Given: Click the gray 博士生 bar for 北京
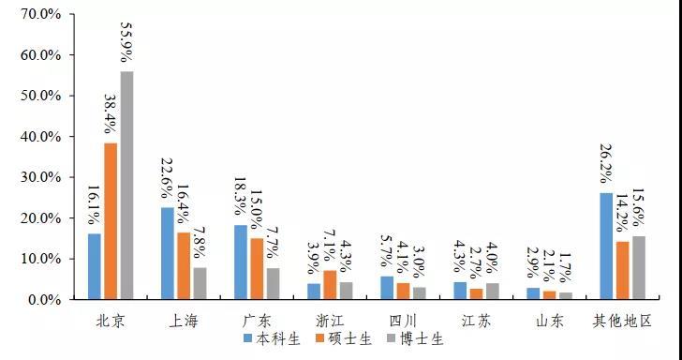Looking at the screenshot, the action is pos(127,186).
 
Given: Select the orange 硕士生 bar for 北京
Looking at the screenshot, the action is pos(111,221).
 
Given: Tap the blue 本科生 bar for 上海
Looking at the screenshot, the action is pos(168,253).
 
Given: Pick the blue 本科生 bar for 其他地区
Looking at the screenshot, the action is pos(606,246).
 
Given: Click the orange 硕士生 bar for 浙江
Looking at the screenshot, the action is pos(330,285).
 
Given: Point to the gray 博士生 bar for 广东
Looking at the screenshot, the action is pos(274,284).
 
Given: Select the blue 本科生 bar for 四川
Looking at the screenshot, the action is pos(387,288).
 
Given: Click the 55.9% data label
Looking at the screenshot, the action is pos(127,42).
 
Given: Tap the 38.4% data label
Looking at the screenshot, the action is pos(111,114).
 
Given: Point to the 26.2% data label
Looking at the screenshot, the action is pos(607,165).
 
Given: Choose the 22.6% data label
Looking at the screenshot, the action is pos(168,179).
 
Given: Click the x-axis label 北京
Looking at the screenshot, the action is pos(111,322).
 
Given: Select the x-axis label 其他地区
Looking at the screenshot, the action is pos(622,322).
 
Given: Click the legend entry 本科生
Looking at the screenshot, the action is pos(272,338).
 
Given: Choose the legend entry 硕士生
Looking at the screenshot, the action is pos(344,338).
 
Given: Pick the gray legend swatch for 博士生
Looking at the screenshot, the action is pos(391,338).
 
